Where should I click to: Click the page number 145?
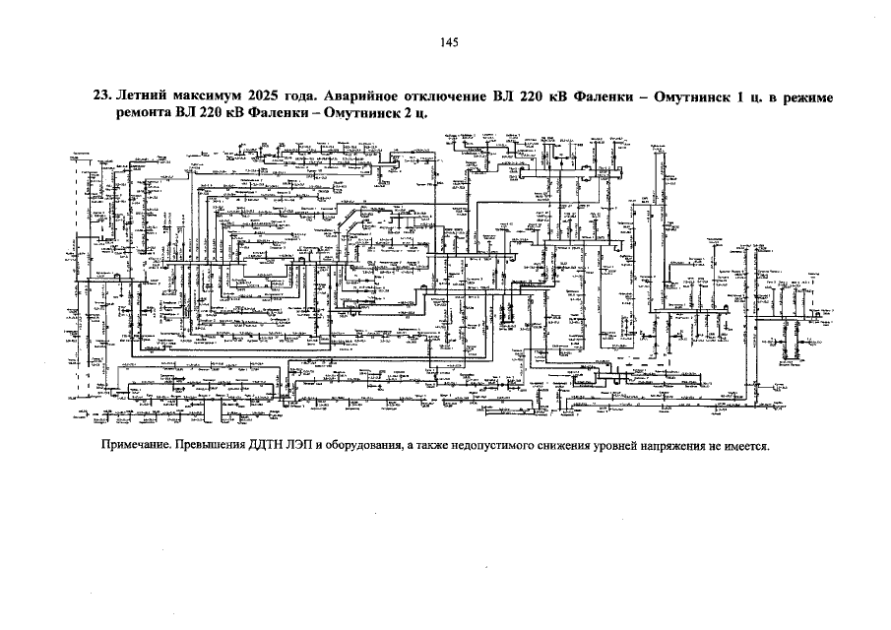coord(449,42)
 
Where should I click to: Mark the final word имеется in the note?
coord(743,445)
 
